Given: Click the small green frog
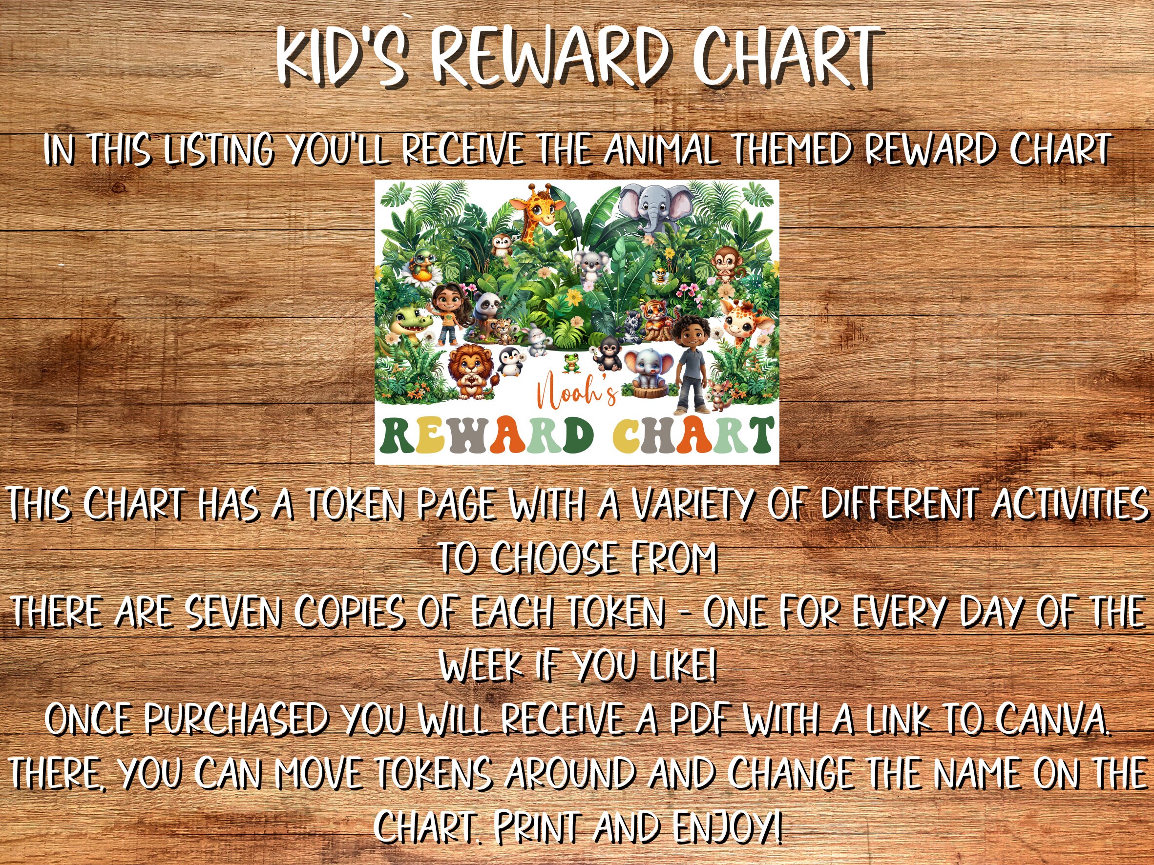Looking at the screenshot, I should tap(572, 362).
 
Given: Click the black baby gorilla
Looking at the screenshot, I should tap(609, 354).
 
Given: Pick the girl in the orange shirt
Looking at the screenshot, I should tap(445, 313).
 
